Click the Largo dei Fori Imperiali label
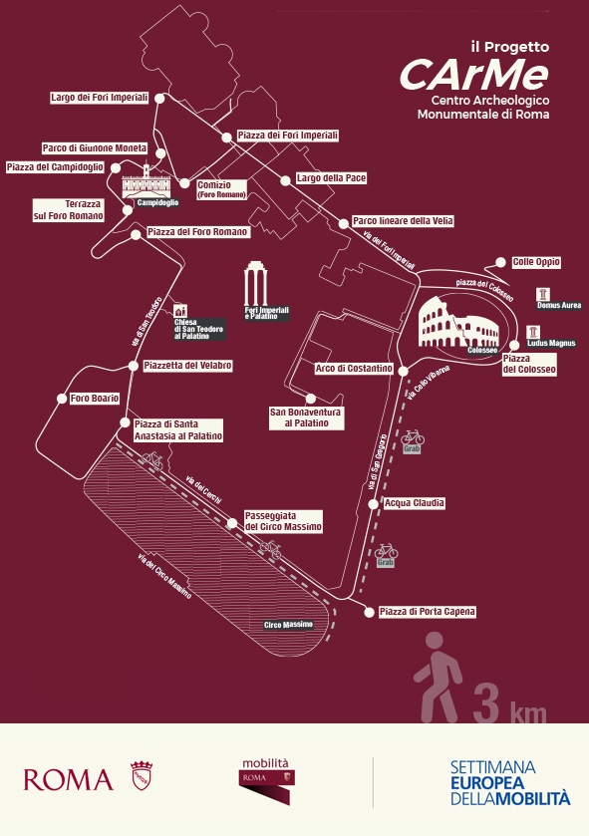pyautogui.click(x=100, y=98)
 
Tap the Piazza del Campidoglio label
pyautogui.click(x=55, y=166)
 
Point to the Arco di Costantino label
pyautogui.click(x=354, y=369)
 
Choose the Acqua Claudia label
pyautogui.click(x=414, y=503)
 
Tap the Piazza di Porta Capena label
pyautogui.click(x=427, y=611)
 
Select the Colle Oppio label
pyautogui.click(x=536, y=262)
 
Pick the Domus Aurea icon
pyautogui.click(x=543, y=294)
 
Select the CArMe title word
pyautogui.click(x=474, y=74)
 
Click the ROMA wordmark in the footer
pyautogui.click(x=69, y=779)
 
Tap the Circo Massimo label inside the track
pyautogui.click(x=288, y=625)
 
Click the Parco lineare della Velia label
pyautogui.click(x=404, y=221)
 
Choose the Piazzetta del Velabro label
pyautogui.click(x=187, y=366)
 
